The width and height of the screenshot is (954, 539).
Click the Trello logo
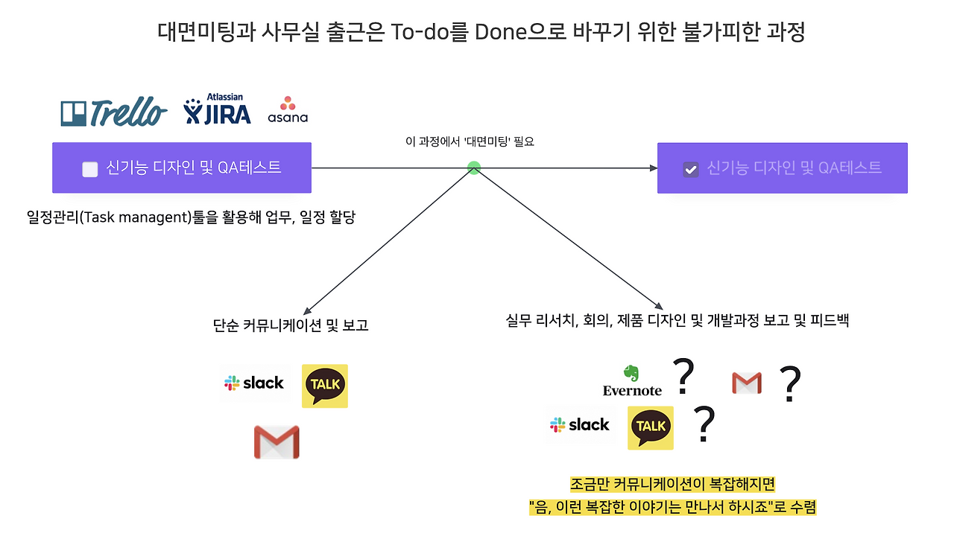[x=113, y=112]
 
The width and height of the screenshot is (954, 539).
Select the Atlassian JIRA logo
[x=218, y=110]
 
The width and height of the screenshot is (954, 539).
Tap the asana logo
[x=288, y=109]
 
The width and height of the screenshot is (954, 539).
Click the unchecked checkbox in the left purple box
[x=90, y=169]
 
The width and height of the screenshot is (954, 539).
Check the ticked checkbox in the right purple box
[x=691, y=169]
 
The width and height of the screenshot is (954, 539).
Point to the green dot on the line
[x=473, y=168]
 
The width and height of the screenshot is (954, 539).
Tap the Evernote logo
[x=632, y=380]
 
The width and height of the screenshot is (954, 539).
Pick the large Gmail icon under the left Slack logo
[x=277, y=441]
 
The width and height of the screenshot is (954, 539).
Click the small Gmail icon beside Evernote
[x=746, y=383]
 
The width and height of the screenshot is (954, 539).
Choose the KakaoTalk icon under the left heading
[x=325, y=386]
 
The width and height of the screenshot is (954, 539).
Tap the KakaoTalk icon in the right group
[x=651, y=427]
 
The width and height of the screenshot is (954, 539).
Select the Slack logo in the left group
[x=254, y=383]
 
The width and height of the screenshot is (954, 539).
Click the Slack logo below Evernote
[x=580, y=425]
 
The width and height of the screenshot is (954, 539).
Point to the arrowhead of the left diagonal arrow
[x=306, y=310]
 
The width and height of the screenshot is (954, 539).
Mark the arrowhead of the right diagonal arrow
[x=659, y=306]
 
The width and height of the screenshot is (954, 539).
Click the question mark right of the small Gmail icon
[x=789, y=384]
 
